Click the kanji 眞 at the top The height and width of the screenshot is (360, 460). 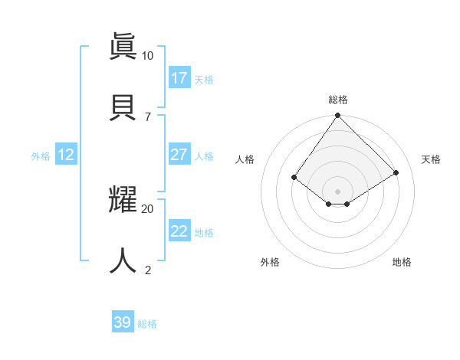123,45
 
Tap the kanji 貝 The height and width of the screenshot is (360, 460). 123,106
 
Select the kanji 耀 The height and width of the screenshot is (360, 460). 123,198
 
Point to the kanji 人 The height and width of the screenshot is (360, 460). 123,260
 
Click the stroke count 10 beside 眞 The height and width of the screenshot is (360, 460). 147,55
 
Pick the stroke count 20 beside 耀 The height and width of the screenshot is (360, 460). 147,208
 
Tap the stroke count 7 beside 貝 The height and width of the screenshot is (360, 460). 147,116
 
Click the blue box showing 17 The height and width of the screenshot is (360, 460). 179,78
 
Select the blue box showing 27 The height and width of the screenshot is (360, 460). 179,155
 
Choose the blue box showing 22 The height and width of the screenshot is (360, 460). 179,231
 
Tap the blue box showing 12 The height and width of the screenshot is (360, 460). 65,155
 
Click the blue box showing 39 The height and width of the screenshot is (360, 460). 122,322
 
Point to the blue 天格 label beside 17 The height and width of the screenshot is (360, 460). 204,80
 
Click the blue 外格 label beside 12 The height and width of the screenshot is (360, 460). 41,156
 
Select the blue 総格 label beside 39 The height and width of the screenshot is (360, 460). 147,324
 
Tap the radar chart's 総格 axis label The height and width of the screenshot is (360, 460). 337,100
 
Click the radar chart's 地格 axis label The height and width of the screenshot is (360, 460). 402,262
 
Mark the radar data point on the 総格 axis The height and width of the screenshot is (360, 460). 337,116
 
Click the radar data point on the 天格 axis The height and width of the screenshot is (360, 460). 396,172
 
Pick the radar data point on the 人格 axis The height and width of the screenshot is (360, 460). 294,177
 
